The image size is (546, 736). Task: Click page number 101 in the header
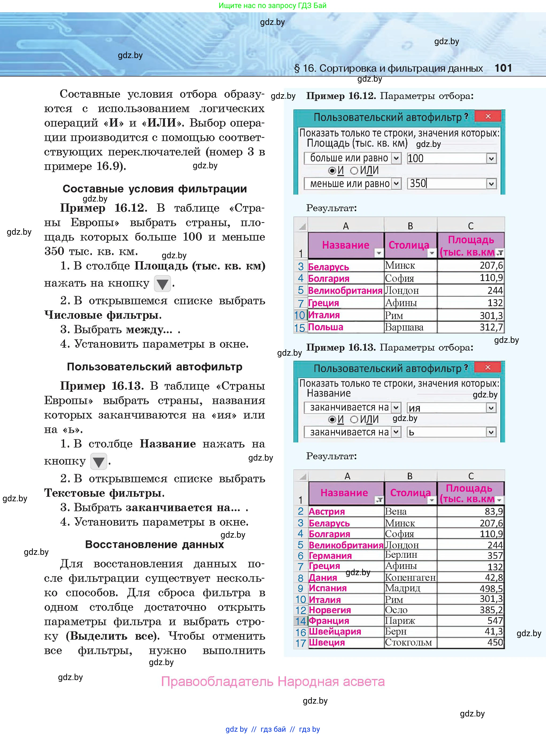point(503,68)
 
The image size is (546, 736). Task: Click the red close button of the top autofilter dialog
point(487,116)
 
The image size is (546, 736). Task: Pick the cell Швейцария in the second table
point(335,631)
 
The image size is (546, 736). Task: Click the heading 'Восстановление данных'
point(154,544)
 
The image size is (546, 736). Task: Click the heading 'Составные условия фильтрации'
point(155,189)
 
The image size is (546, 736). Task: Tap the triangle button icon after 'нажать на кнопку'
point(162,284)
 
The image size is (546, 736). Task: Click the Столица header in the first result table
point(409,245)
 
